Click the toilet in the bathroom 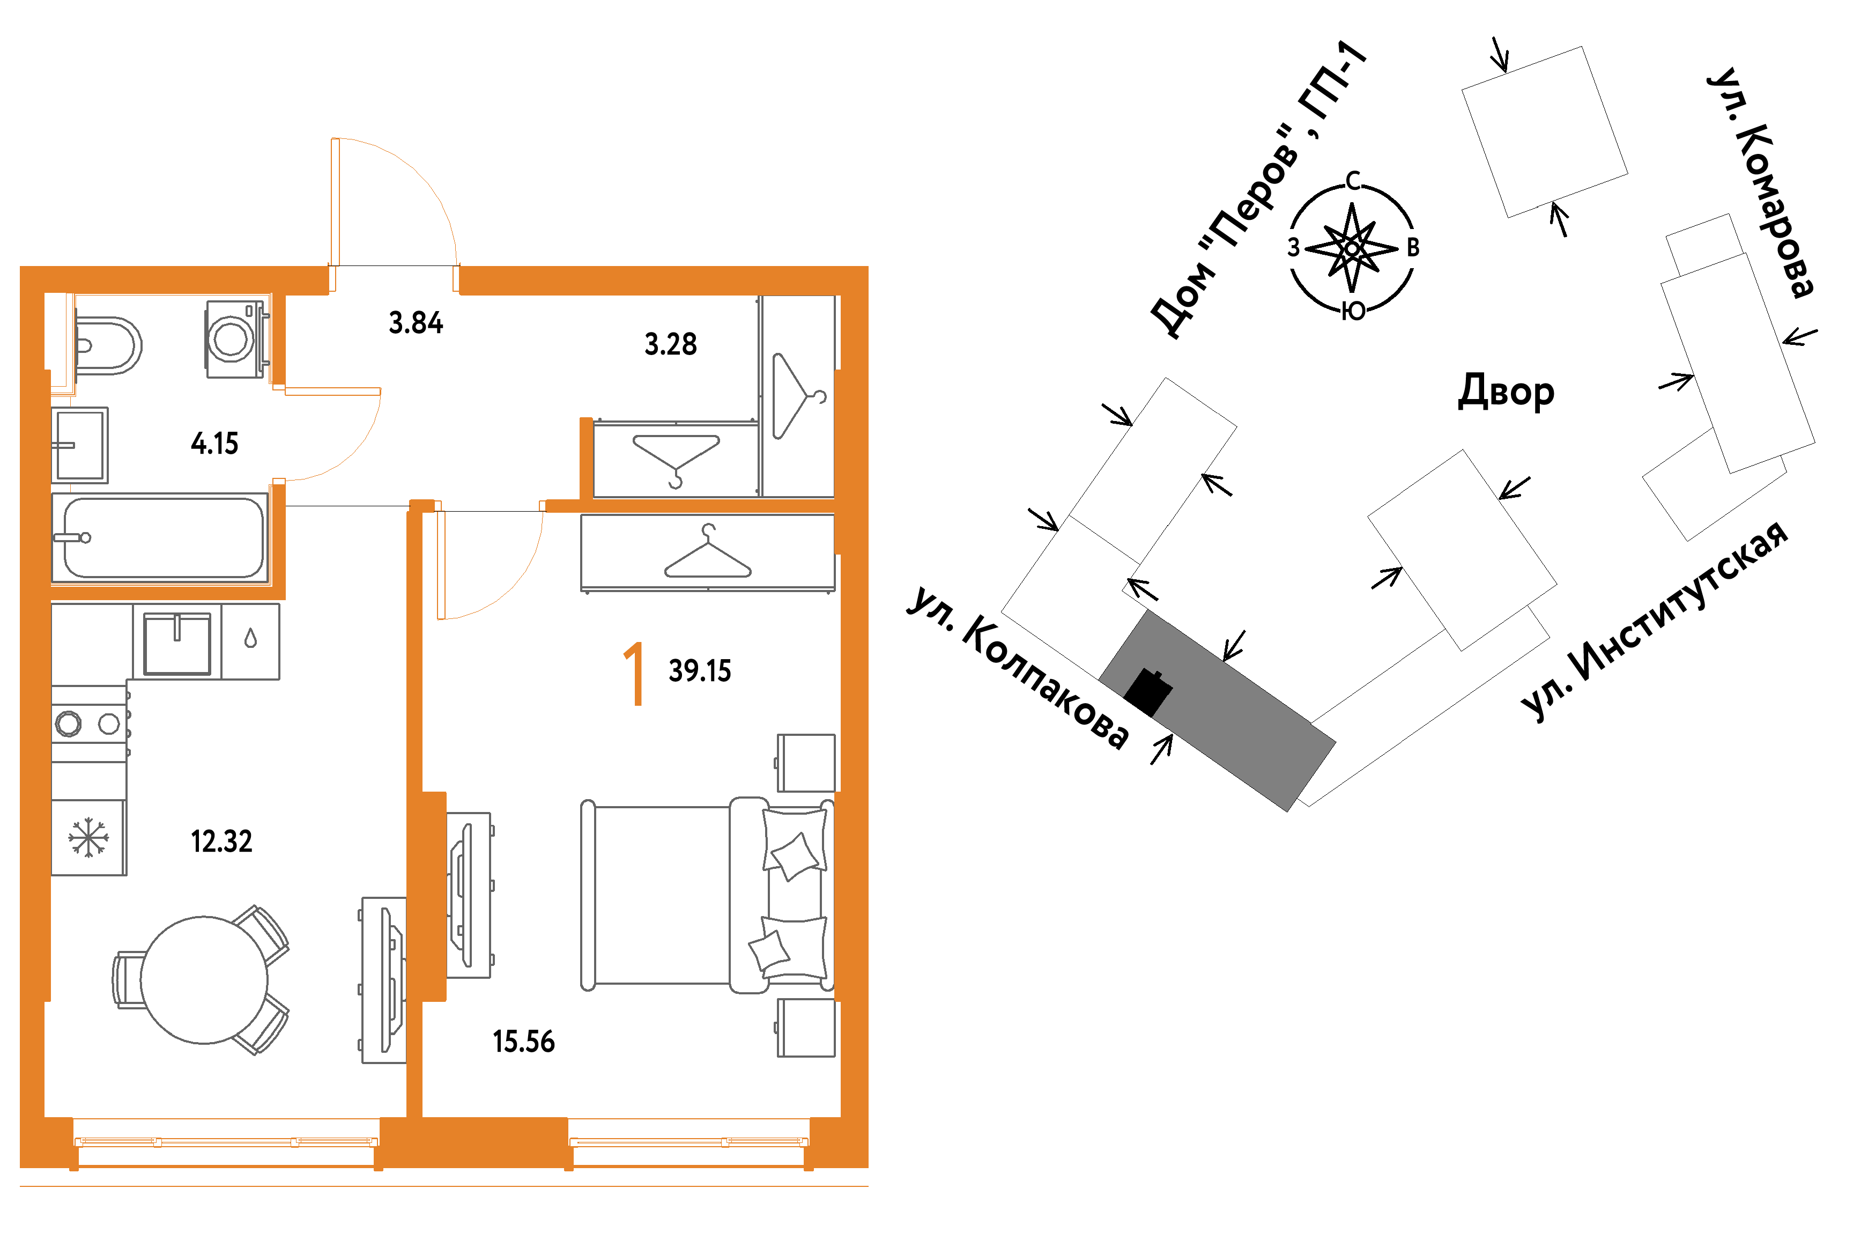coord(108,345)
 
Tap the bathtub coord(160,538)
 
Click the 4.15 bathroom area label coord(214,444)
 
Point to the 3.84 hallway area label coord(416,323)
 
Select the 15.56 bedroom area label coord(523,1042)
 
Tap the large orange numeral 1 coord(634,673)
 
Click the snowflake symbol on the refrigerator coord(88,837)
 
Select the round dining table coord(204,980)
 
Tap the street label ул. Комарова coord(1760,183)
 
